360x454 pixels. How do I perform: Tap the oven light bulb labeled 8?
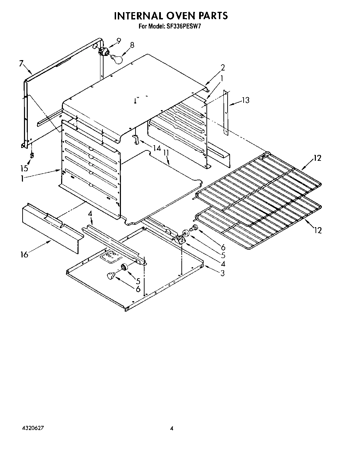(118, 58)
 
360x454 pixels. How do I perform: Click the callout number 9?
(118, 41)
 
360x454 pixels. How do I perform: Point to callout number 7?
(22, 64)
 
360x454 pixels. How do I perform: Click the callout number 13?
(246, 100)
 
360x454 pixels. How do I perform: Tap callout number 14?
(157, 148)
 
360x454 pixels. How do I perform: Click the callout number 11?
(166, 153)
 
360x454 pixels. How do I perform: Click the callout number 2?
(223, 68)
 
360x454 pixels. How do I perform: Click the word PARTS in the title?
(211, 16)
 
